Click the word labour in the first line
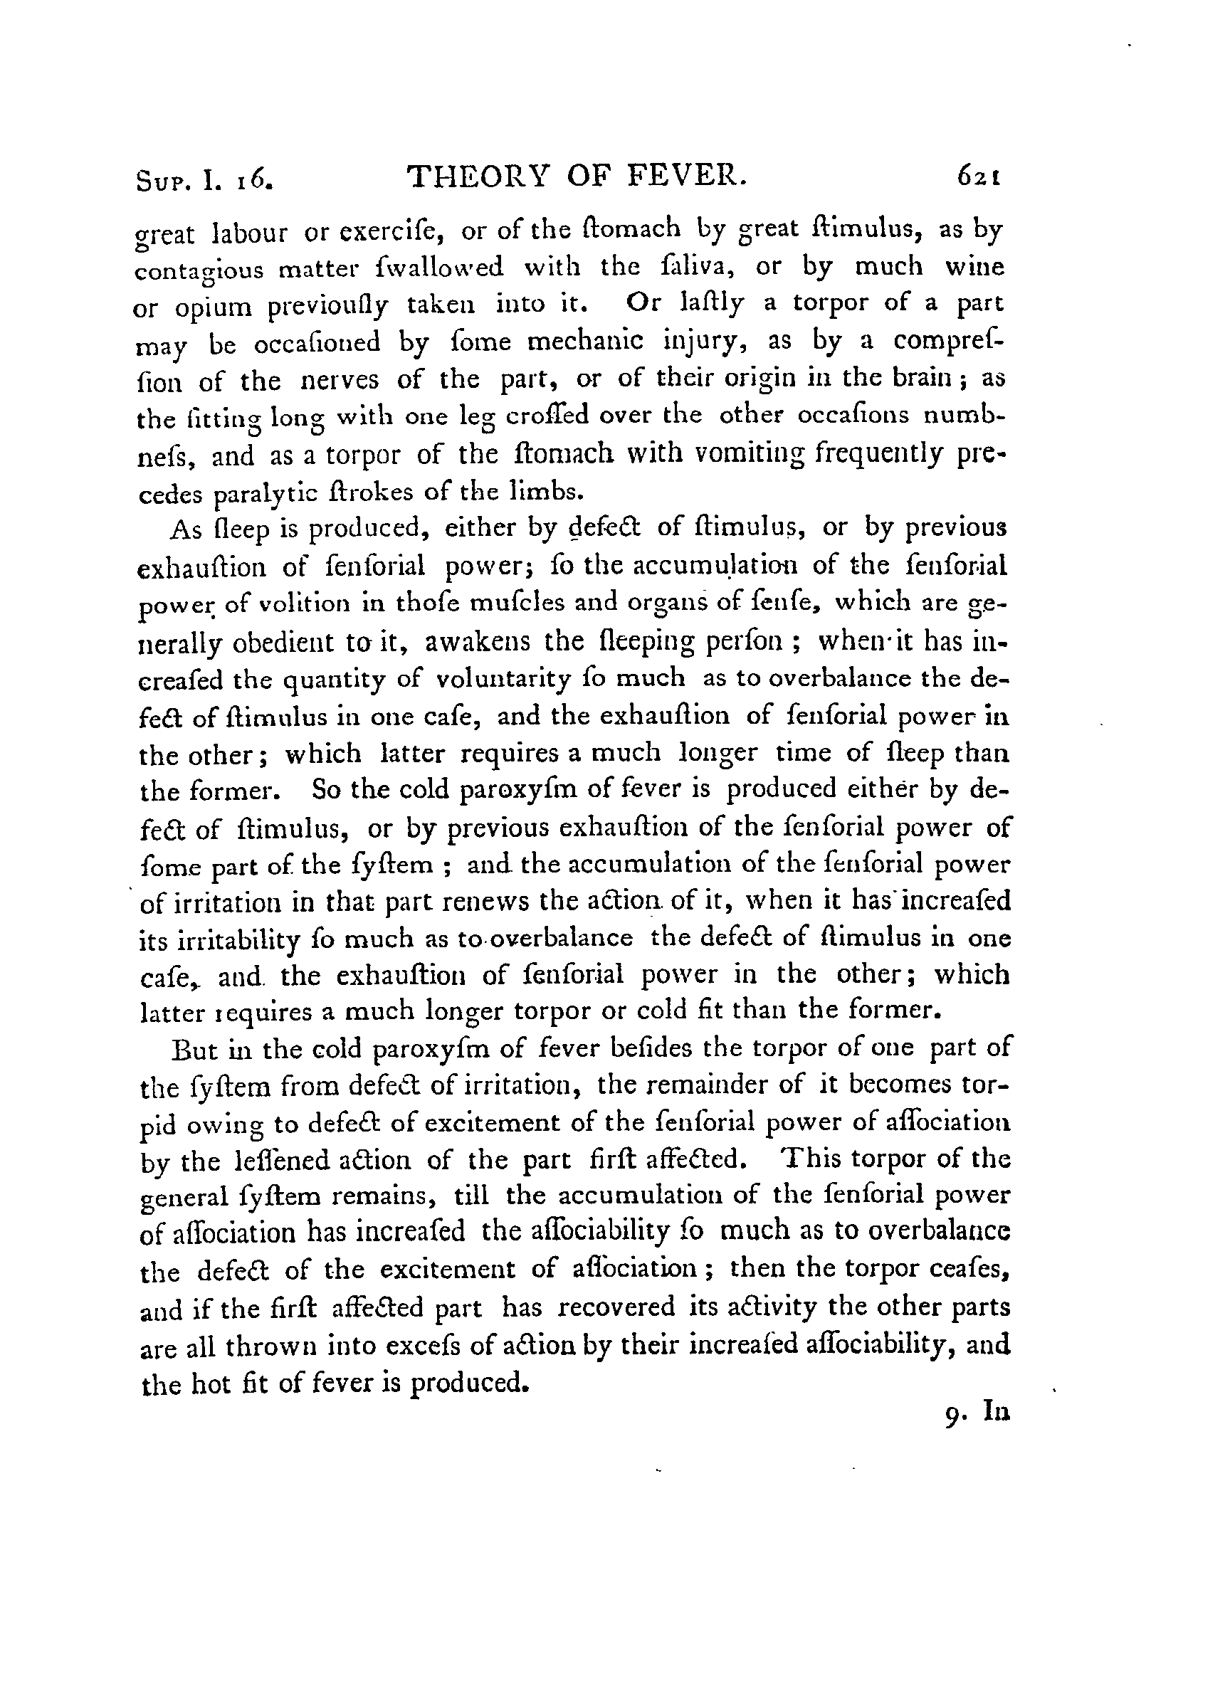[x=250, y=233]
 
